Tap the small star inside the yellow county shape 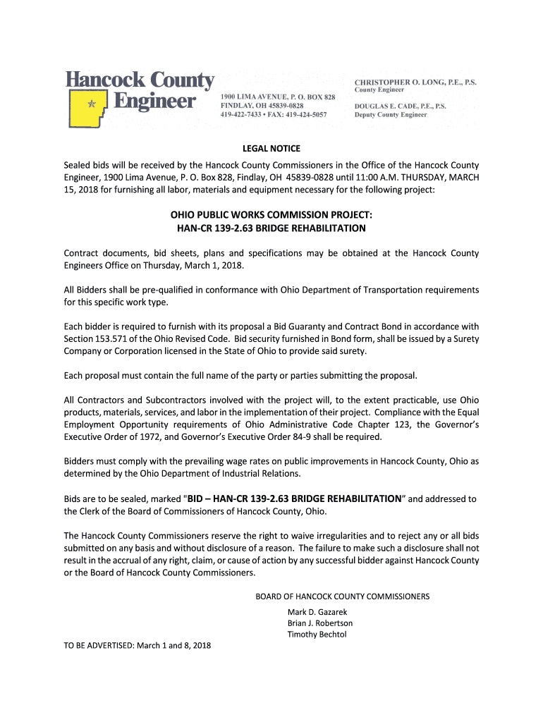90,103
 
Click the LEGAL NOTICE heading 271,148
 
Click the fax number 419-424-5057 308,114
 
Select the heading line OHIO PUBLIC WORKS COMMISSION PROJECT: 271,214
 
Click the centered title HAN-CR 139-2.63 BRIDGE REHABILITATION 271,228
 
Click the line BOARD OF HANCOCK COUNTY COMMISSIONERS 342,596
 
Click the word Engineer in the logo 154,102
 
